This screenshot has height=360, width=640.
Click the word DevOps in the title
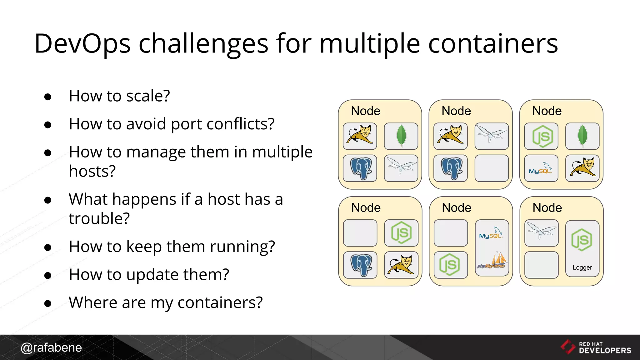(x=82, y=44)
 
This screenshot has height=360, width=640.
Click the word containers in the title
(x=493, y=44)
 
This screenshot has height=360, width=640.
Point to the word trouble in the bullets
(x=99, y=218)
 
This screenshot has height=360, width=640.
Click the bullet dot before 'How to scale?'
(x=48, y=97)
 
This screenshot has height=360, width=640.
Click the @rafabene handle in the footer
(x=51, y=347)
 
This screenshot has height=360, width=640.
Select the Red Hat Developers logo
(x=596, y=347)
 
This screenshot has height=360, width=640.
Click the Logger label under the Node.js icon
(x=582, y=267)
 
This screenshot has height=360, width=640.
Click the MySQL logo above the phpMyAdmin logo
(x=491, y=233)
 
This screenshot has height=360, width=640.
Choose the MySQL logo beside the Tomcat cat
(x=541, y=168)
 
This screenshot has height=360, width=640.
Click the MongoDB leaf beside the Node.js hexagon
(x=582, y=136)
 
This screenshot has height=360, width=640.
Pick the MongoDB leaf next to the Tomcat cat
(x=401, y=136)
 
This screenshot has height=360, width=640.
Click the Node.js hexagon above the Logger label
(x=582, y=240)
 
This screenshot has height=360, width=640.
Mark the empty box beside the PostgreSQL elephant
(x=492, y=168)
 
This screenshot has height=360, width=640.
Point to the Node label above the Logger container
(x=547, y=207)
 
